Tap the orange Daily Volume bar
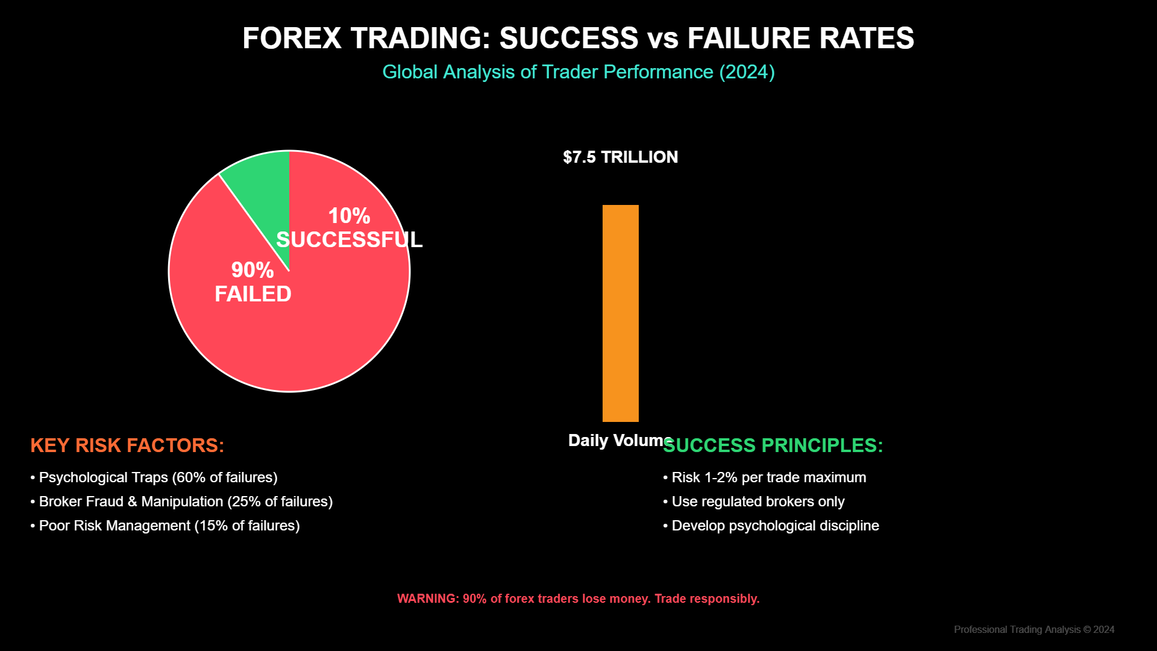pos(620,313)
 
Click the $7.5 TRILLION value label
pos(620,157)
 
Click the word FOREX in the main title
pos(292,38)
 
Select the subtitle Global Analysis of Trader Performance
pos(578,72)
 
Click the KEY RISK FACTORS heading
pos(127,445)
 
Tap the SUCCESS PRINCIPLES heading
pos(773,445)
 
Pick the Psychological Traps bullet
pos(154,477)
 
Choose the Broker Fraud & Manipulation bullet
pos(182,502)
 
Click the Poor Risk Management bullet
pos(165,526)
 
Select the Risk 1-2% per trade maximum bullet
pos(765,477)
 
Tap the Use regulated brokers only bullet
pos(754,502)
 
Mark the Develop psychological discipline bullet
pos(771,526)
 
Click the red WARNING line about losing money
pos(578,599)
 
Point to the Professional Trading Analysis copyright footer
pos(1033,629)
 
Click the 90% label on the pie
pos(252,270)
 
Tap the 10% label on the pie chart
pos(349,216)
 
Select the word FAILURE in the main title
pos(749,38)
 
